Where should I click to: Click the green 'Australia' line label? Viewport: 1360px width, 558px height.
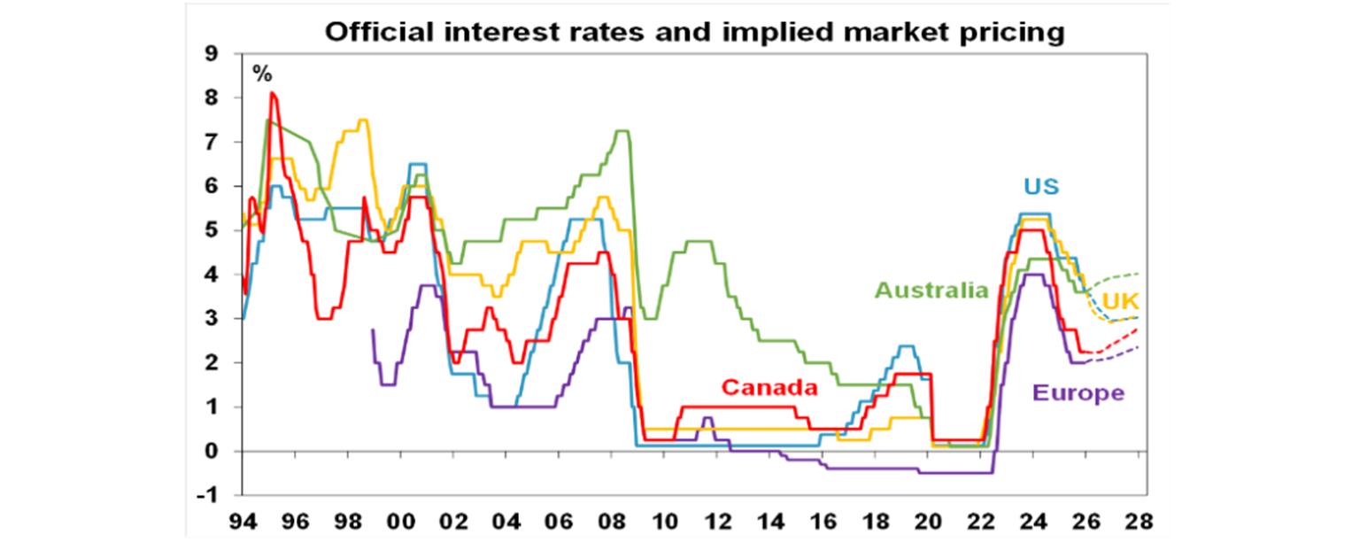click(931, 290)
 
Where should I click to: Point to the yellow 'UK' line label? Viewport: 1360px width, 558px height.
click(1120, 302)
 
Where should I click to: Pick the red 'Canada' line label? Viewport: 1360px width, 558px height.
click(769, 387)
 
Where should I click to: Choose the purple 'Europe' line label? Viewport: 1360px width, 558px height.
click(1078, 393)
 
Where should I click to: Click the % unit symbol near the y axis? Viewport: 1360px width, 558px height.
click(262, 74)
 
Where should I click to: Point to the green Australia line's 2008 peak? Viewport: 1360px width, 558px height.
click(622, 131)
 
